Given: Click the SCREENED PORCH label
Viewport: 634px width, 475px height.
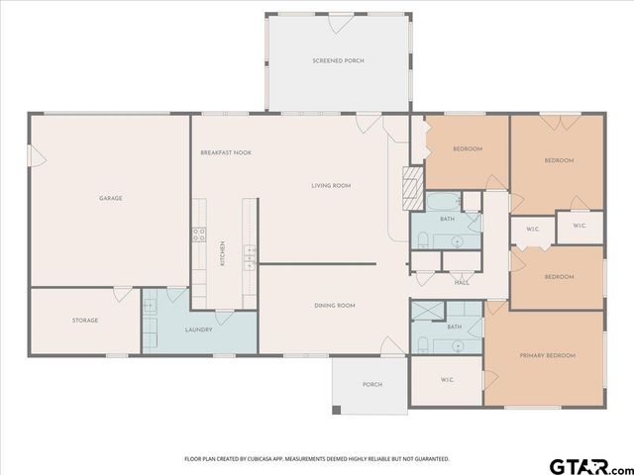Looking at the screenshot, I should tap(338, 61).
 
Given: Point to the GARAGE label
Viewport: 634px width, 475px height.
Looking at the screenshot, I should tap(110, 198).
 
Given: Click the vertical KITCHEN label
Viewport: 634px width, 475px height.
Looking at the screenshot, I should tap(224, 253).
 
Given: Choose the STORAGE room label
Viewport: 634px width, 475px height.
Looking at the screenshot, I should tap(84, 321).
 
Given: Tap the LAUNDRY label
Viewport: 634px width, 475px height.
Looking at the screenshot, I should tap(198, 330).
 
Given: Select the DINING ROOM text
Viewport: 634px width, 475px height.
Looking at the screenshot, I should tap(335, 306).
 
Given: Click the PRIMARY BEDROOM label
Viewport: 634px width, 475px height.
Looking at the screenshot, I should tap(548, 355).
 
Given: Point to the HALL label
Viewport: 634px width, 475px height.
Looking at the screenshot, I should tap(462, 283).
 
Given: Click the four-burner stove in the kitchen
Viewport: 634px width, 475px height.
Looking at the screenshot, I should tap(198, 236).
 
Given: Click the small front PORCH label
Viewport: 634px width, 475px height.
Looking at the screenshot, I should tap(371, 385).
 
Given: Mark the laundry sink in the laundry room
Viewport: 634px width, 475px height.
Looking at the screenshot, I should tap(151, 307).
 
